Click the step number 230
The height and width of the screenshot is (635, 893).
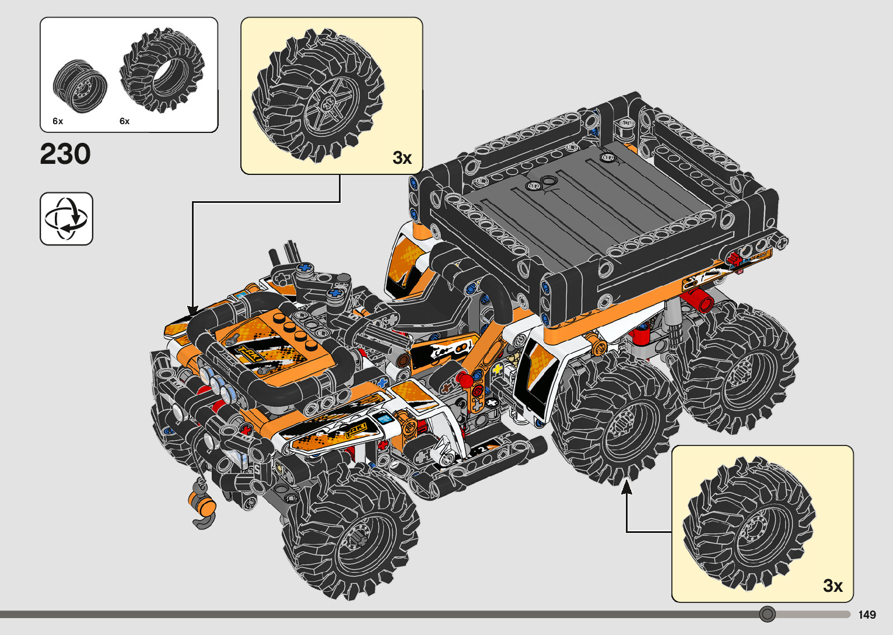(65, 154)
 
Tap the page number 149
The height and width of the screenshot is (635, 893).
(867, 615)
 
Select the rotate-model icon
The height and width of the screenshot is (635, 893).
(66, 219)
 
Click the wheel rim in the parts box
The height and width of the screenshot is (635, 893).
(80, 86)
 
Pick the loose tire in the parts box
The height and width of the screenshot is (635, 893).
(162, 70)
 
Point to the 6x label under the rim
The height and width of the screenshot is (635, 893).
(58, 121)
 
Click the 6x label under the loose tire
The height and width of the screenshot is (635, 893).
(124, 121)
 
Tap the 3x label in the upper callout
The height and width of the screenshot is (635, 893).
(402, 158)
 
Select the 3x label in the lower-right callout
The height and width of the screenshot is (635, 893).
(833, 586)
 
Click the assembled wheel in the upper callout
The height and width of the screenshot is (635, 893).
(318, 96)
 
